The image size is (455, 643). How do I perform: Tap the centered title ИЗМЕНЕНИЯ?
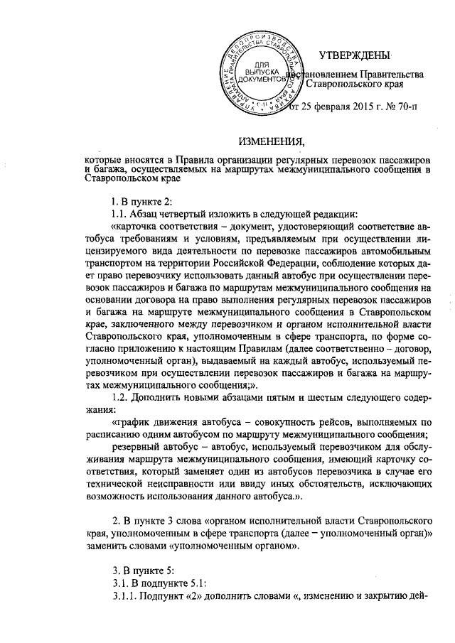(x=272, y=139)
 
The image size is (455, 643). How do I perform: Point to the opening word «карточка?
(x=139, y=228)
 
